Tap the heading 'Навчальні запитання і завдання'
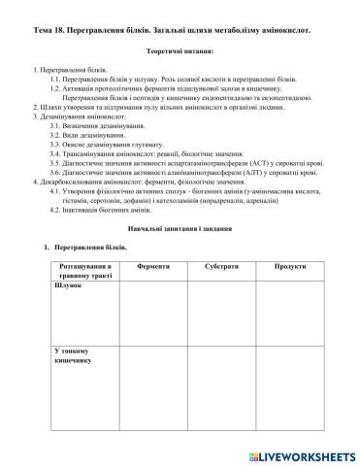point(180,227)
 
